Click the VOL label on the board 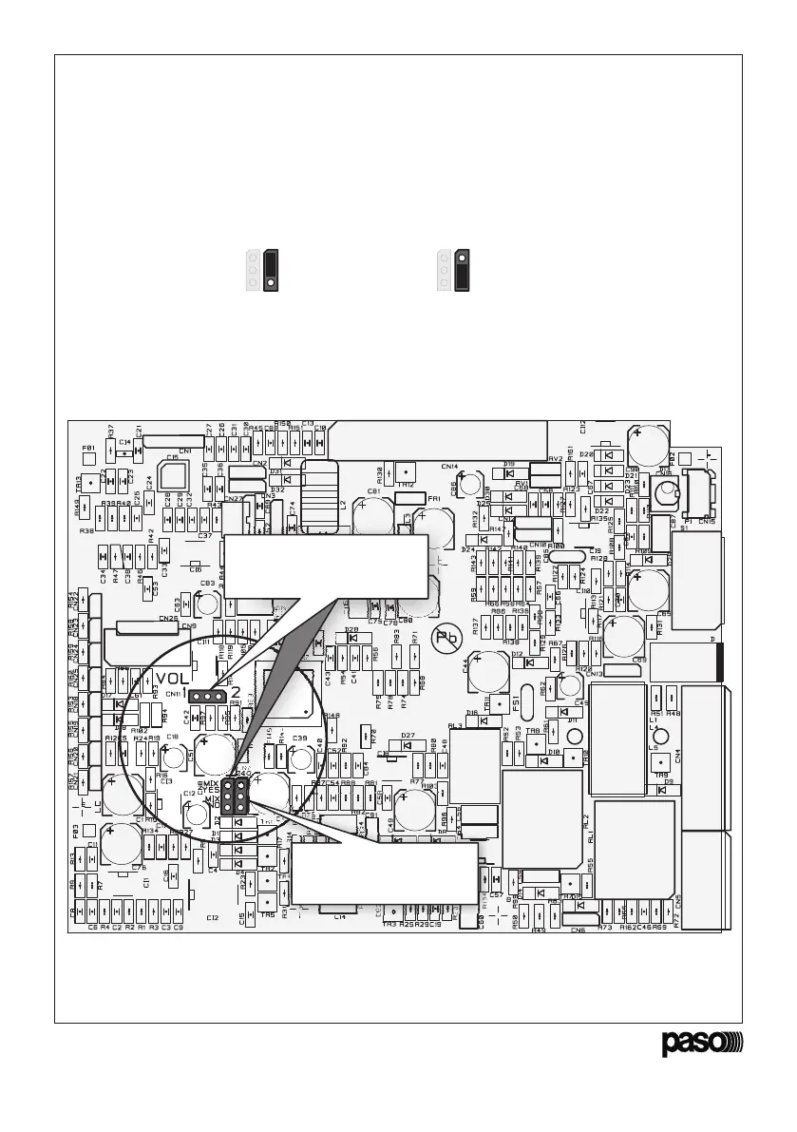click(x=175, y=679)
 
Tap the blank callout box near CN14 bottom click(x=383, y=873)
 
